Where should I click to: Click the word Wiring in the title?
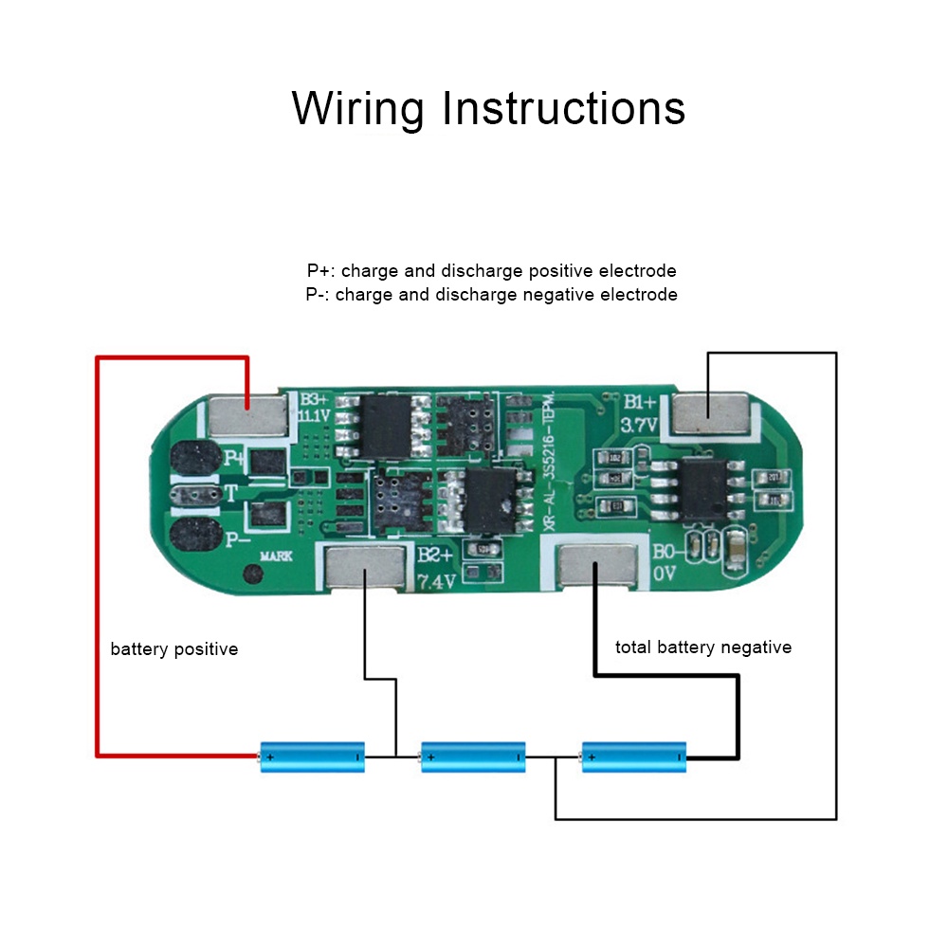click(x=358, y=109)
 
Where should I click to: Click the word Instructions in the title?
click(x=564, y=109)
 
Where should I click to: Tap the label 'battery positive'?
click(x=174, y=649)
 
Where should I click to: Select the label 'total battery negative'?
click(x=703, y=647)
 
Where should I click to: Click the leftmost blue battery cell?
click(x=313, y=757)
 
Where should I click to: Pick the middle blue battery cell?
click(x=473, y=757)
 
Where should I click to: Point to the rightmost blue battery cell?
click(x=634, y=757)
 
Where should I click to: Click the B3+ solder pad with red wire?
click(x=247, y=414)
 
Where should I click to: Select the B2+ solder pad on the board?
click(x=365, y=569)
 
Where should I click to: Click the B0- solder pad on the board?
click(x=595, y=567)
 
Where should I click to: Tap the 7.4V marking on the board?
click(x=437, y=580)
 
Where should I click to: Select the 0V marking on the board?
click(x=664, y=574)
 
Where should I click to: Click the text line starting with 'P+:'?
click(x=491, y=271)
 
